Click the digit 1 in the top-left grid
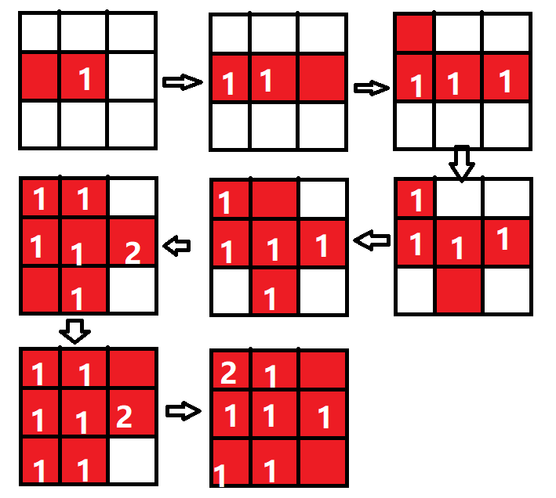coord(85,78)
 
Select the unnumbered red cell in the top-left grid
coord(40,77)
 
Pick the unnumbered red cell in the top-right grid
coord(415,33)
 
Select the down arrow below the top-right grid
coord(462,162)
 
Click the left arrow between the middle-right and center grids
coord(372,241)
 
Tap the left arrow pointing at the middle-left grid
coord(177,247)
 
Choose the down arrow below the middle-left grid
coord(75,332)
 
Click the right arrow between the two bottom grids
coord(184,410)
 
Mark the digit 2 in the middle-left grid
coord(133,252)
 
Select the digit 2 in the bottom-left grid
coord(124,417)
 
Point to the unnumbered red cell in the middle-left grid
coord(39,290)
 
